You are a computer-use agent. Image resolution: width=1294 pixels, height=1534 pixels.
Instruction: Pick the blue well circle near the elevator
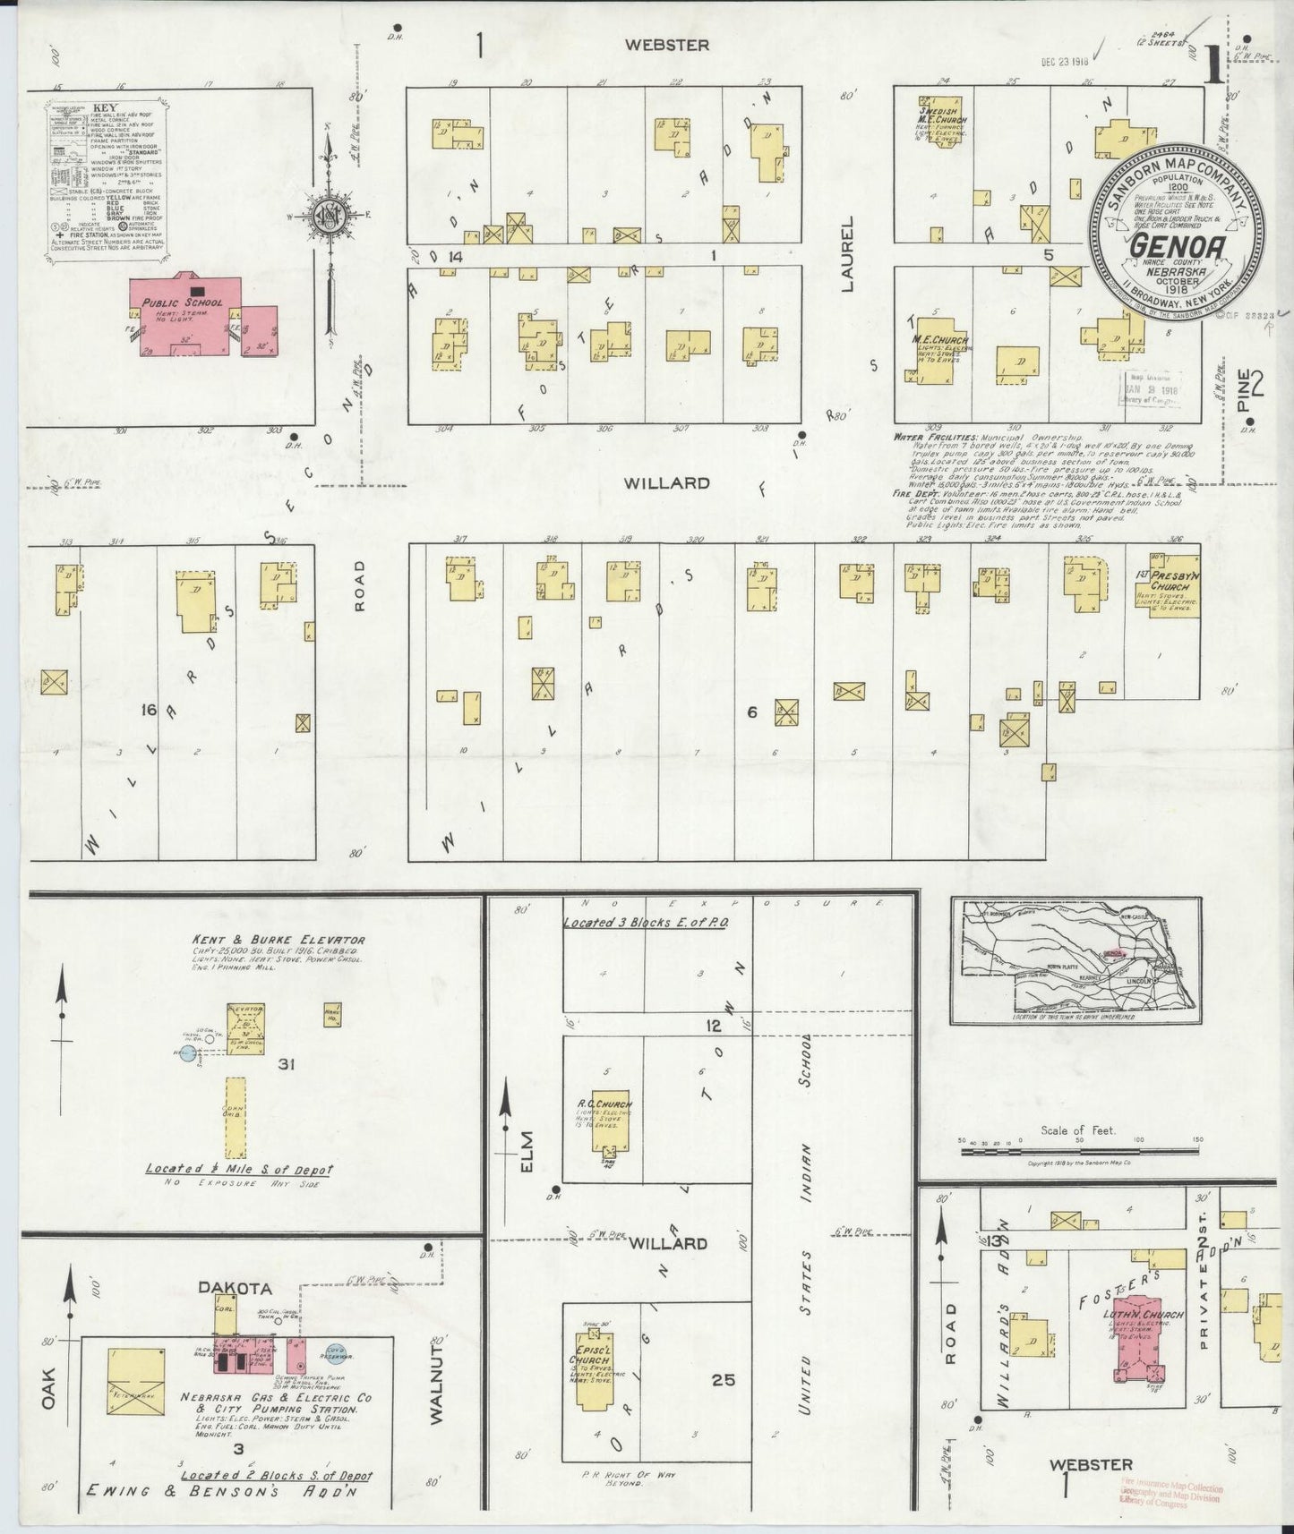(x=187, y=1053)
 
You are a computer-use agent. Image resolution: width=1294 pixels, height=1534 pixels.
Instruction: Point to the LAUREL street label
(x=848, y=251)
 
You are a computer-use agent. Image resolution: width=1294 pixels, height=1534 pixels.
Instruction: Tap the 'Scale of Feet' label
(x=1078, y=1130)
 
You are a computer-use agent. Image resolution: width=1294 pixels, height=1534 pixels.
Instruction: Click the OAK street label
(x=47, y=1395)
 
